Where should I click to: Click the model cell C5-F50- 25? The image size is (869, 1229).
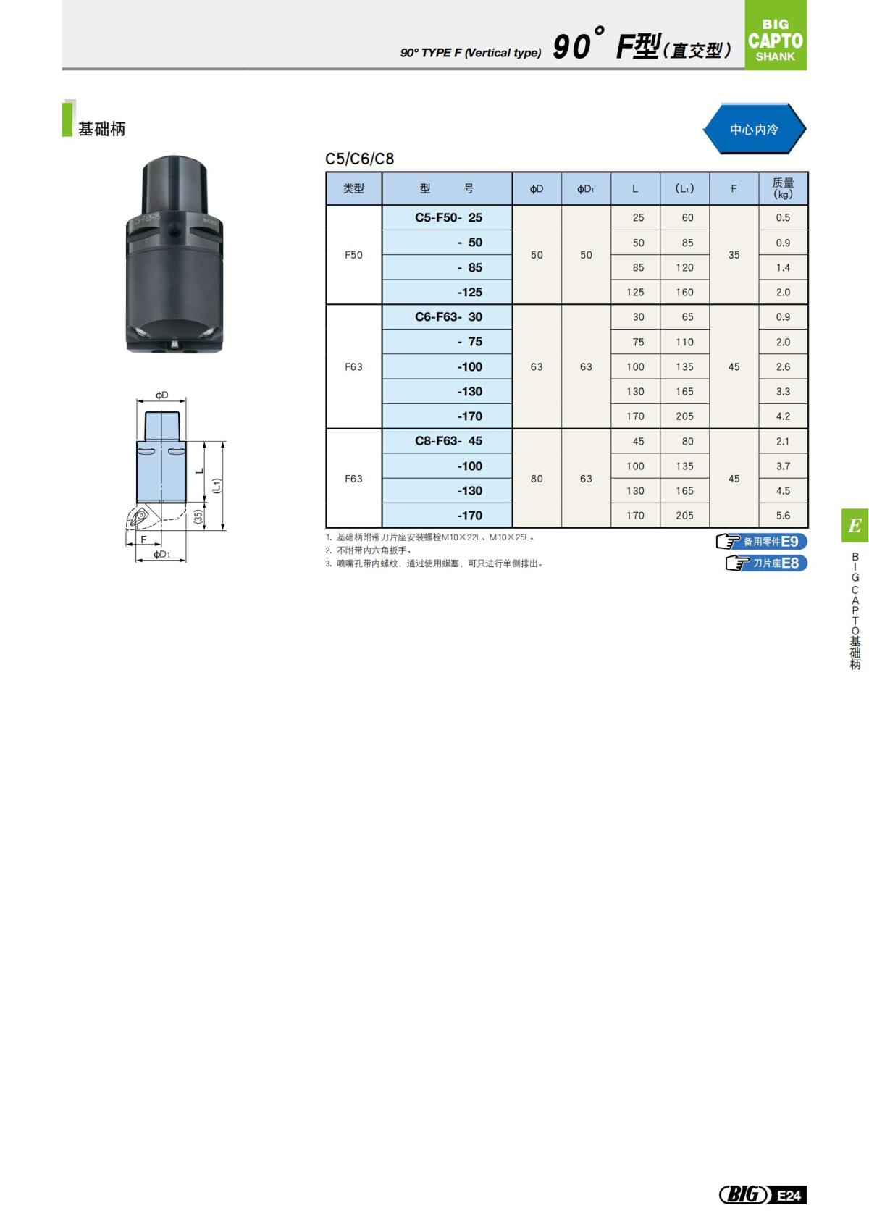pos(448,217)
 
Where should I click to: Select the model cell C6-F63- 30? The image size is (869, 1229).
pos(448,317)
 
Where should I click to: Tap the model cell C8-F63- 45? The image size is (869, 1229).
pos(448,441)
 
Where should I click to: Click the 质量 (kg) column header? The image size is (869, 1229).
pos(783,188)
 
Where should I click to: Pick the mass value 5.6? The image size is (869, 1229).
pos(783,516)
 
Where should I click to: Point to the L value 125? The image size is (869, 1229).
pos(635,293)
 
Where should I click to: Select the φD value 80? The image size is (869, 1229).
pos(537,479)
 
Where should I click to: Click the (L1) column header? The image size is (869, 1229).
pos(684,188)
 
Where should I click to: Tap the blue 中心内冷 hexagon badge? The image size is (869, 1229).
pos(754,130)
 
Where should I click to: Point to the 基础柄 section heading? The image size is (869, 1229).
pos(101,129)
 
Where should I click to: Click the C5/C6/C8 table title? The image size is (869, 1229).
pos(360,159)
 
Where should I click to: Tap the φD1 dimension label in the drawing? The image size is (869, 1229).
pos(161,555)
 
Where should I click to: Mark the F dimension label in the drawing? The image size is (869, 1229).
pos(143,540)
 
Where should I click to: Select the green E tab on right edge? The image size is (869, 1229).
pos(855,526)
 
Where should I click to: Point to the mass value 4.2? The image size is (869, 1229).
pos(783,416)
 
